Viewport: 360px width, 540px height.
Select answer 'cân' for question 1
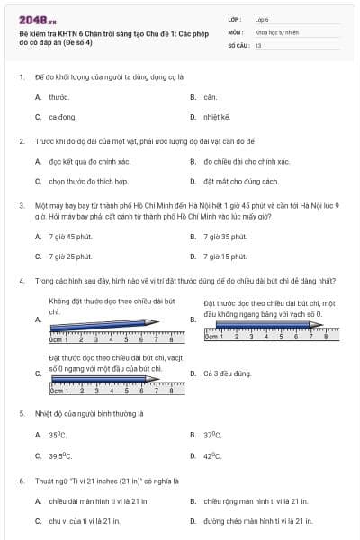pos(210,96)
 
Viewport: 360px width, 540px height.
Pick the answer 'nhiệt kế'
pos(217,117)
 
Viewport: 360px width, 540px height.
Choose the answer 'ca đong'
pos(62,117)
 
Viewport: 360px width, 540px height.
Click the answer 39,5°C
pos(60,455)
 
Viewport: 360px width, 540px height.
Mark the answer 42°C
pos(212,455)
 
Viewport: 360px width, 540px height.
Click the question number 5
pos(21,412)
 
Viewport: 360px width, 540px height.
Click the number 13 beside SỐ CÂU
pos(258,43)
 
